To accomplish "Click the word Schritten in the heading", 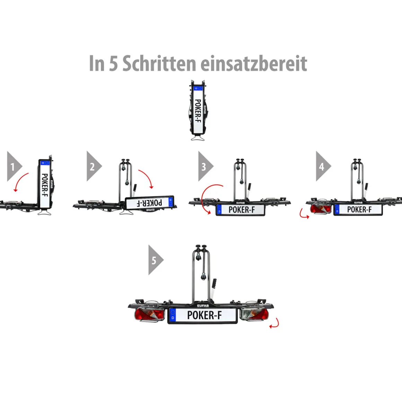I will pyautogui.click(x=159, y=63).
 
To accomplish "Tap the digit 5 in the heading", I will pyautogui.click(x=113, y=64).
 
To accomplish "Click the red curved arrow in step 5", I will pyautogui.click(x=274, y=323).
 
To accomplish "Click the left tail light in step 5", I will pyautogui.click(x=149, y=315).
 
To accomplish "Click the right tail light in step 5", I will pyautogui.click(x=255, y=315).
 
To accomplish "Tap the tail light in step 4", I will pyautogui.click(x=321, y=209).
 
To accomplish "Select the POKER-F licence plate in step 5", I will pyautogui.click(x=203, y=315).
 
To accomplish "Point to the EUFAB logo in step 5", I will pyautogui.click(x=203, y=305).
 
